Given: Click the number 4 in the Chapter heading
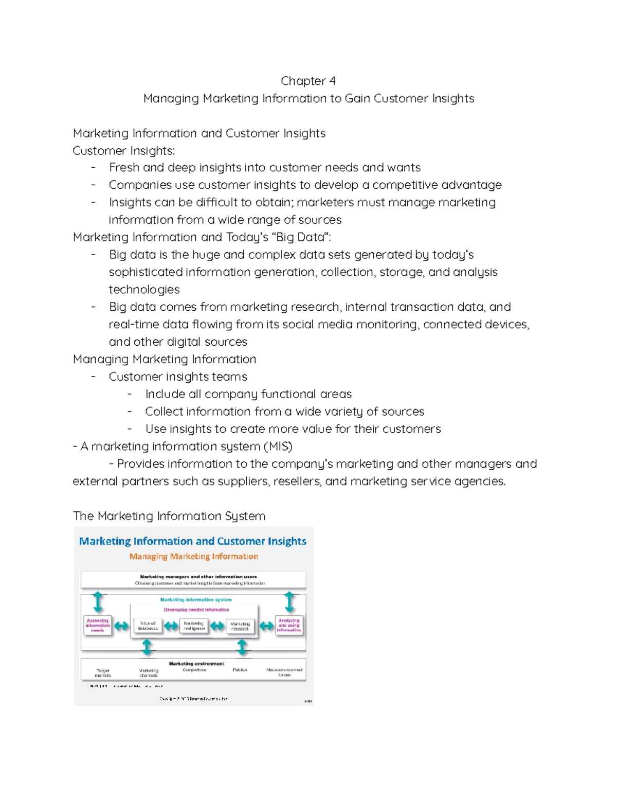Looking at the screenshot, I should tap(333, 81).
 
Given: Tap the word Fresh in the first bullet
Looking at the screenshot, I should tap(124, 168).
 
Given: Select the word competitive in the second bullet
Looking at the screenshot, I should tap(405, 185).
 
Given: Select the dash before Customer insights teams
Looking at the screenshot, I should tap(93, 377).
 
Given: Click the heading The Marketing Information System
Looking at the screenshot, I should tap(169, 516).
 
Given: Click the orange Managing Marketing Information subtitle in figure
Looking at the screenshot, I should tap(193, 557).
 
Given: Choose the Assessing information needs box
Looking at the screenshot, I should tap(98, 626).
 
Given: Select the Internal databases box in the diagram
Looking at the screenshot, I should tap(148, 626).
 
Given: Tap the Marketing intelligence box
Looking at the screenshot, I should tap(194, 626).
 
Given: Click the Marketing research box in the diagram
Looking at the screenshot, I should tap(240, 626).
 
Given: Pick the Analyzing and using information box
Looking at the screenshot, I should tap(289, 625).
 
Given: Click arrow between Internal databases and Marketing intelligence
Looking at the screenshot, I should tap(171, 626).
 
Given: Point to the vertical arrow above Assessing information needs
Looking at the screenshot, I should tap(98, 601).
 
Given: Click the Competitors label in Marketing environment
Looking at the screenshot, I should tap(194, 670).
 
